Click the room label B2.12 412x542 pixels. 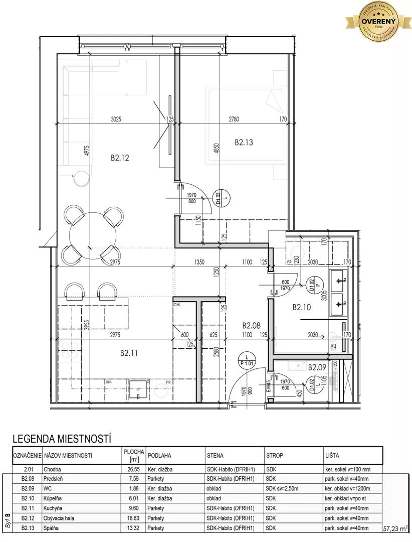[120, 158]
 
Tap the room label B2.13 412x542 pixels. [244, 143]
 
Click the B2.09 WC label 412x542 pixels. [317, 367]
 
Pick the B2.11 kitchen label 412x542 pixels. [129, 353]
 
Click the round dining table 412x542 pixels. [93, 234]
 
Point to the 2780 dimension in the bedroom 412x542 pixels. [234, 119]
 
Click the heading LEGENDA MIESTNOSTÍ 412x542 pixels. [61, 439]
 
